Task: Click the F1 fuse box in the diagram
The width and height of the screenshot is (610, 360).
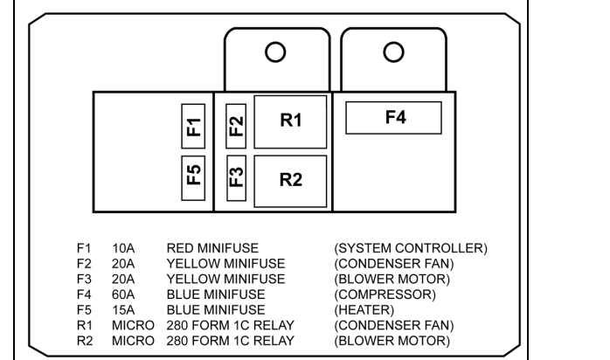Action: point(193,128)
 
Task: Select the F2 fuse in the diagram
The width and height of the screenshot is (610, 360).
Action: point(235,128)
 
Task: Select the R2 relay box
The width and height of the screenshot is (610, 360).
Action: point(290,180)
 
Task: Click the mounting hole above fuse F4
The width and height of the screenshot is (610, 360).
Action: point(393,52)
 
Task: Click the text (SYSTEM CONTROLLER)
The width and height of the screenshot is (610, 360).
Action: point(411,248)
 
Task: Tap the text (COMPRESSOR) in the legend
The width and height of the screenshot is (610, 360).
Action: point(387,294)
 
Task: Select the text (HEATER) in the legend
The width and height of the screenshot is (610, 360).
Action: point(371,309)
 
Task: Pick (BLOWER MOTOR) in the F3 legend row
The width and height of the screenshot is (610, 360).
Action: point(392,279)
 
